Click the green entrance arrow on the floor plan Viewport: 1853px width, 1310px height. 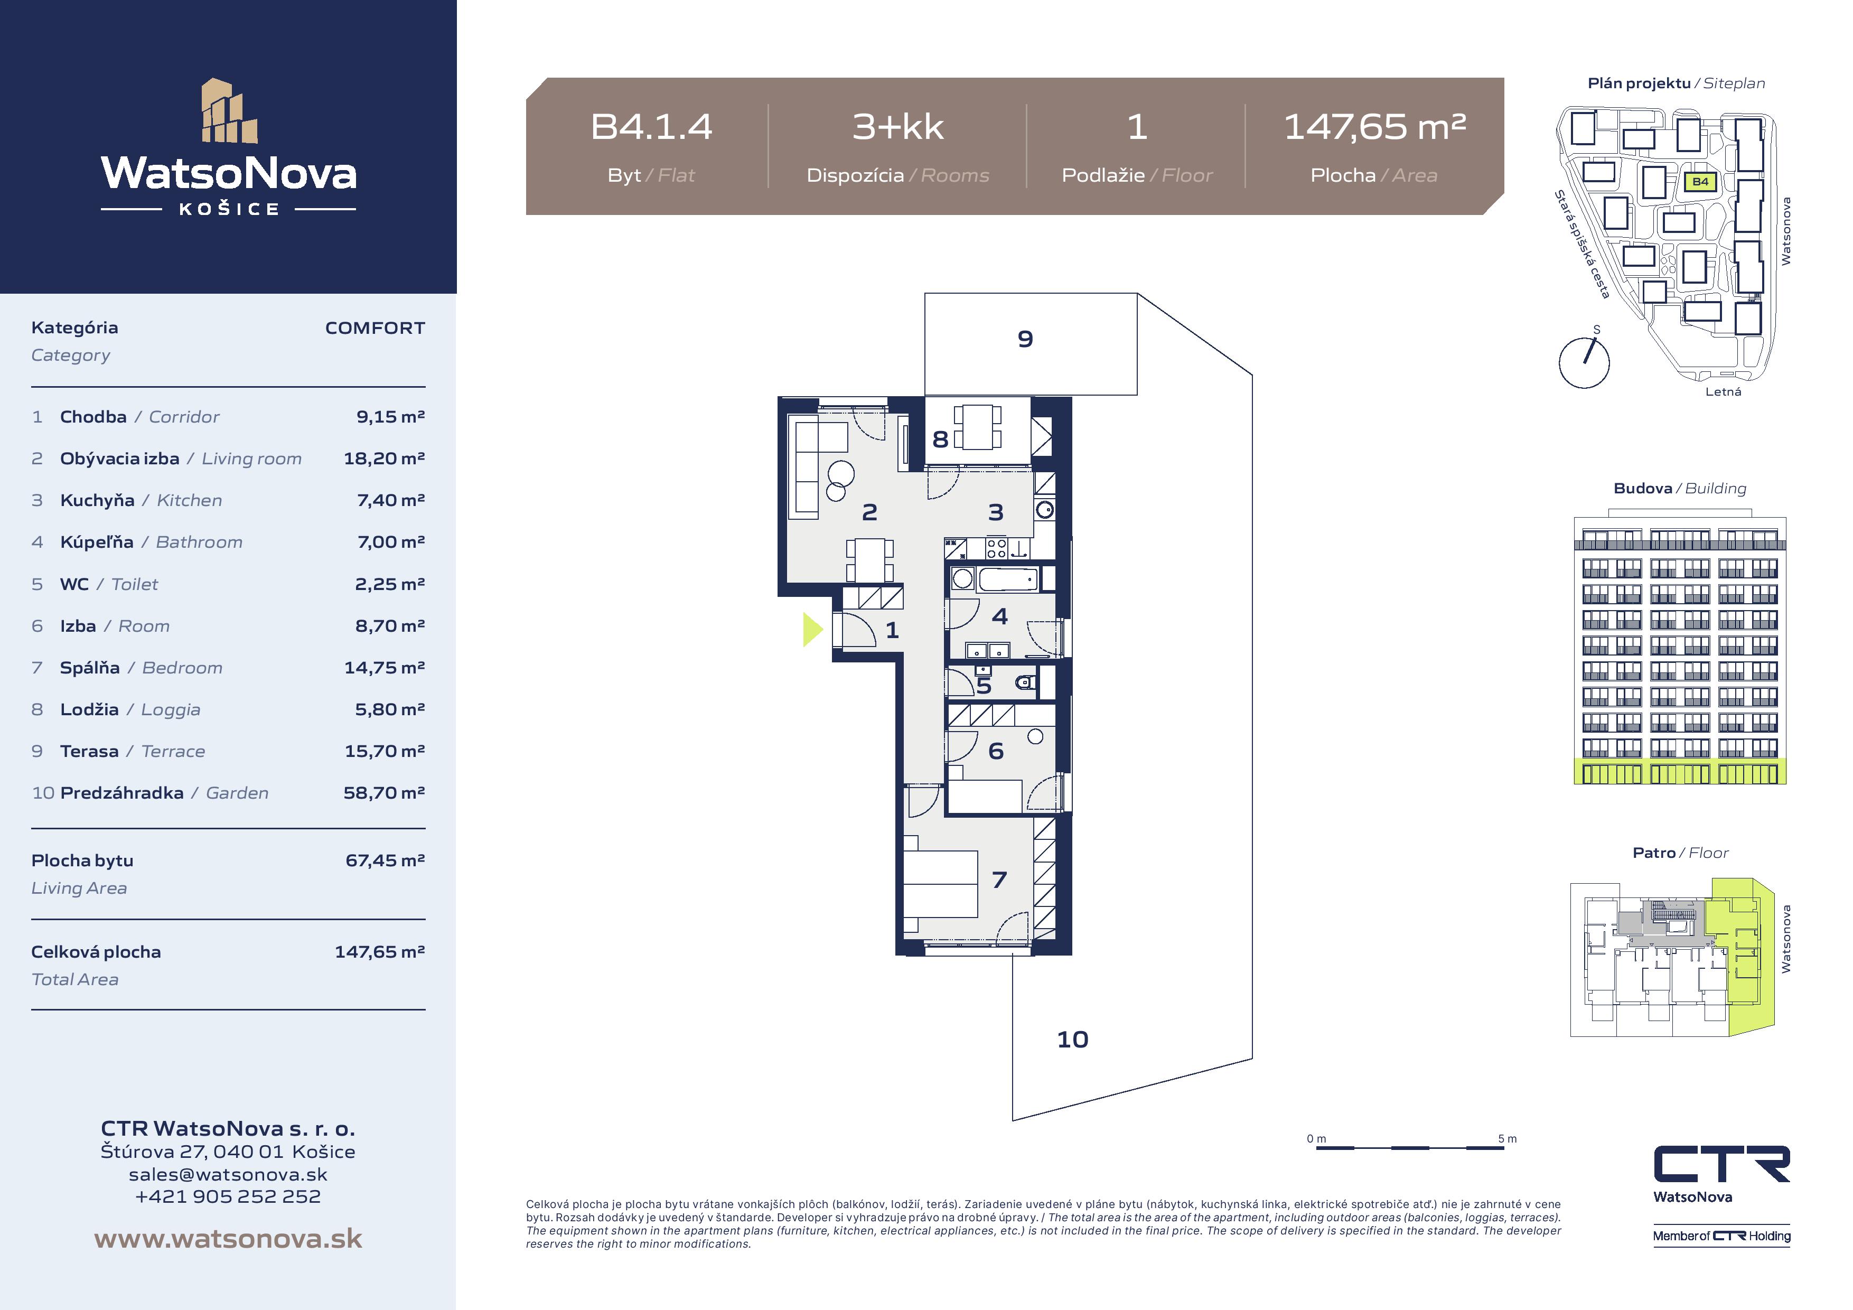coord(812,630)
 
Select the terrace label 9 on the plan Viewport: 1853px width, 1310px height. coord(1025,339)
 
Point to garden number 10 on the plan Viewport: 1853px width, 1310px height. coord(1073,1040)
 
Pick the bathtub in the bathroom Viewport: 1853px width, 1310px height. coord(1007,579)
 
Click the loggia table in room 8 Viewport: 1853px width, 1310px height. coord(977,427)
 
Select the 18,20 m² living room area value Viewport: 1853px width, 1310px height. coord(384,458)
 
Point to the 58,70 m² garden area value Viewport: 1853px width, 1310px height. coord(384,793)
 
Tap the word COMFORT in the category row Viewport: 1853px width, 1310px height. coord(375,327)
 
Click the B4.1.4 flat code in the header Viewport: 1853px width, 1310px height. coord(651,127)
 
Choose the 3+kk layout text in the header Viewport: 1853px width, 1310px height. coord(897,127)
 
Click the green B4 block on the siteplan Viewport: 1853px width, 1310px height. coord(1700,182)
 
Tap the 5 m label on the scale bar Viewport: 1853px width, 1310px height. coord(1507,1139)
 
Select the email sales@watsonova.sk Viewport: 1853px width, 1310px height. coord(228,1174)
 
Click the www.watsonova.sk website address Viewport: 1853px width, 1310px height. coord(228,1239)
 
